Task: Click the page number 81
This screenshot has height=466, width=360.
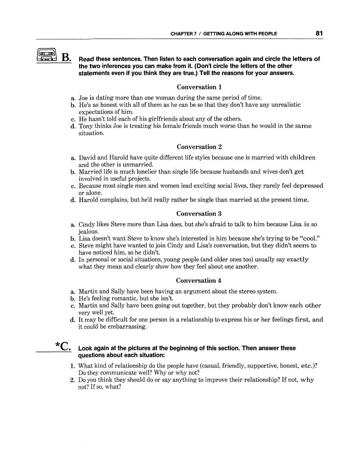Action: (319, 33)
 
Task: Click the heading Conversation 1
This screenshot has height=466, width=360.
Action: (199, 87)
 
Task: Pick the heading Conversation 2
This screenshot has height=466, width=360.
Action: (199, 147)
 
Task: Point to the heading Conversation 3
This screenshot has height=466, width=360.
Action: (199, 214)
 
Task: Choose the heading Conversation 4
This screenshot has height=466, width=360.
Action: (199, 280)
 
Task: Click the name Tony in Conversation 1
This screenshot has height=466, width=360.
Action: (86, 126)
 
